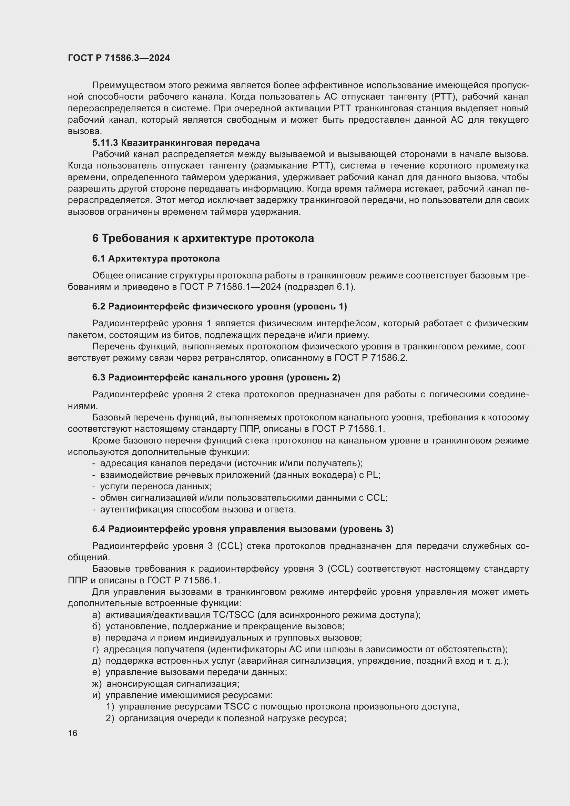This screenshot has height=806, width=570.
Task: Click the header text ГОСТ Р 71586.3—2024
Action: pyautogui.click(x=119, y=58)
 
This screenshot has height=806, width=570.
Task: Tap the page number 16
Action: pyautogui.click(x=73, y=733)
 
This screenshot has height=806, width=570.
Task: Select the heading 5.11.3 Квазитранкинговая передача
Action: pyautogui.click(x=176, y=143)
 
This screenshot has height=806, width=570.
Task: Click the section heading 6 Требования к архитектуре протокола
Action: pyautogui.click(x=203, y=238)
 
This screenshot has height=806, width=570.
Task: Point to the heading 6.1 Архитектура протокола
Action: pyautogui.click(x=156, y=259)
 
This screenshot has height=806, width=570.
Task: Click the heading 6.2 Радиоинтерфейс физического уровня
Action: pyautogui.click(x=220, y=306)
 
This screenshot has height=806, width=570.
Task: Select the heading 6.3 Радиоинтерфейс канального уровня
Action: pyautogui.click(x=216, y=377)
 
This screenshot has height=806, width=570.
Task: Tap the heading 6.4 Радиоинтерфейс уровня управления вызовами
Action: pyautogui.click(x=243, y=529)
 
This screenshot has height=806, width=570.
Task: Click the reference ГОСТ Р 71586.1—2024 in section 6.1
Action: pyautogui.click(x=230, y=287)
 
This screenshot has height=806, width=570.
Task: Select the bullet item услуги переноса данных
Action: pyautogui.click(x=155, y=486)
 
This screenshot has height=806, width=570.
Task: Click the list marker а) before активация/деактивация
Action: pyautogui.click(x=96, y=615)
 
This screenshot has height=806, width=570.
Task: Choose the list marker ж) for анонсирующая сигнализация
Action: pyautogui.click(x=97, y=683)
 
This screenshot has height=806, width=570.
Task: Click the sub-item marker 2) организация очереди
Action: pyautogui.click(x=110, y=718)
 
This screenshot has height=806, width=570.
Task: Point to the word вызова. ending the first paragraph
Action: pyautogui.click(x=84, y=131)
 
